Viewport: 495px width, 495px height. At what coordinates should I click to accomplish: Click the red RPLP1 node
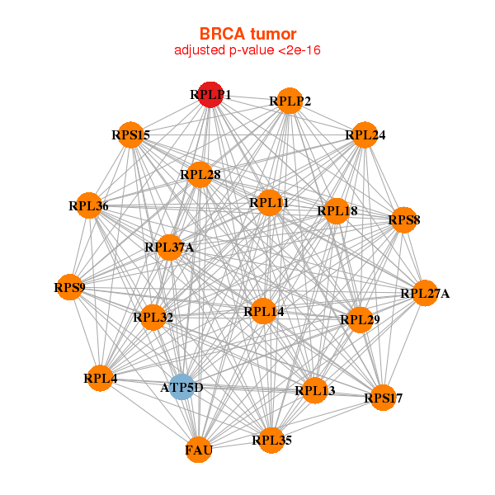pyautogui.click(x=210, y=95)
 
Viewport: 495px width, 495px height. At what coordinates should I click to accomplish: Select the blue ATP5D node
pyautogui.click(x=181, y=386)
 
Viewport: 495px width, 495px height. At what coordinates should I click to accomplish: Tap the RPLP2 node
pyautogui.click(x=289, y=101)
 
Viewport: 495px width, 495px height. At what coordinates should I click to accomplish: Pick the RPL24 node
pyautogui.click(x=365, y=134)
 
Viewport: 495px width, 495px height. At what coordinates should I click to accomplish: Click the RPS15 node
pyautogui.click(x=131, y=134)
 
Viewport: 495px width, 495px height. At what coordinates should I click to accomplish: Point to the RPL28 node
pyautogui.click(x=200, y=174)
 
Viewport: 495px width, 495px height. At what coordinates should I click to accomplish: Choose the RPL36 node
pyautogui.click(x=88, y=205)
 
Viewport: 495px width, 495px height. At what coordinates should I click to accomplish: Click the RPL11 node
pyautogui.click(x=269, y=202)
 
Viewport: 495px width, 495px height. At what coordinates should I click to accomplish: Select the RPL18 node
pyautogui.click(x=337, y=211)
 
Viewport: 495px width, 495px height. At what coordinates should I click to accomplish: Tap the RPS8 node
pyautogui.click(x=403, y=220)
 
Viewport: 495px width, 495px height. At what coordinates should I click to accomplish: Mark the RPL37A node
pyautogui.click(x=168, y=247)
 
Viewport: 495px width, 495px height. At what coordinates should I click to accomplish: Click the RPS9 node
pyautogui.click(x=69, y=288)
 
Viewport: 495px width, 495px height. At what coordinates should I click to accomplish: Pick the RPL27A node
pyautogui.click(x=424, y=293)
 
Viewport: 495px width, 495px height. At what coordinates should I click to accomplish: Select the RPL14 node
pyautogui.click(x=263, y=312)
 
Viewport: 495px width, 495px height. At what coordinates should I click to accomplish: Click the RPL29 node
pyautogui.click(x=360, y=319)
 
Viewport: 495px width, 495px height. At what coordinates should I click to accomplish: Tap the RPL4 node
pyautogui.click(x=100, y=379)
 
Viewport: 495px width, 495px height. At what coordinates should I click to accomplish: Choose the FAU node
pyautogui.click(x=199, y=450)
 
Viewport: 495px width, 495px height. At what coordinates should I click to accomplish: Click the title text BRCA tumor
pyautogui.click(x=247, y=34)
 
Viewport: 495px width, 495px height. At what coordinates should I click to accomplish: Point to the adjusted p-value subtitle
pyautogui.click(x=247, y=50)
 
